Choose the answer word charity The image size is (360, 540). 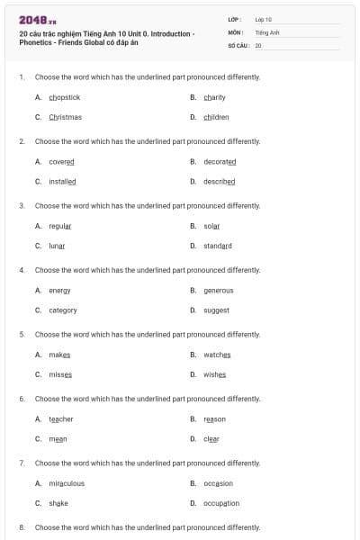click(214, 97)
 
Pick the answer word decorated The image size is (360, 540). click(220, 161)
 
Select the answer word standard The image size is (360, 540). click(217, 246)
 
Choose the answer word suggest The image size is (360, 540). click(216, 310)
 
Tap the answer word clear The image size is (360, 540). click(211, 439)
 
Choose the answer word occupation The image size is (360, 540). click(221, 503)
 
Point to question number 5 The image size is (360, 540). click(22, 334)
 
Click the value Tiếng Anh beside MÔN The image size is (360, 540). click(267, 31)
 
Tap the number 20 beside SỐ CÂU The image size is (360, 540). click(258, 44)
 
